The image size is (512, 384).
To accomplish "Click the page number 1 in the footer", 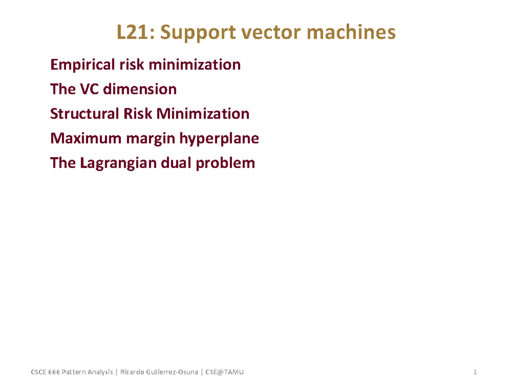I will (474, 372).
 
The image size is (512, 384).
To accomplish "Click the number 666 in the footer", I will (54, 372).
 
